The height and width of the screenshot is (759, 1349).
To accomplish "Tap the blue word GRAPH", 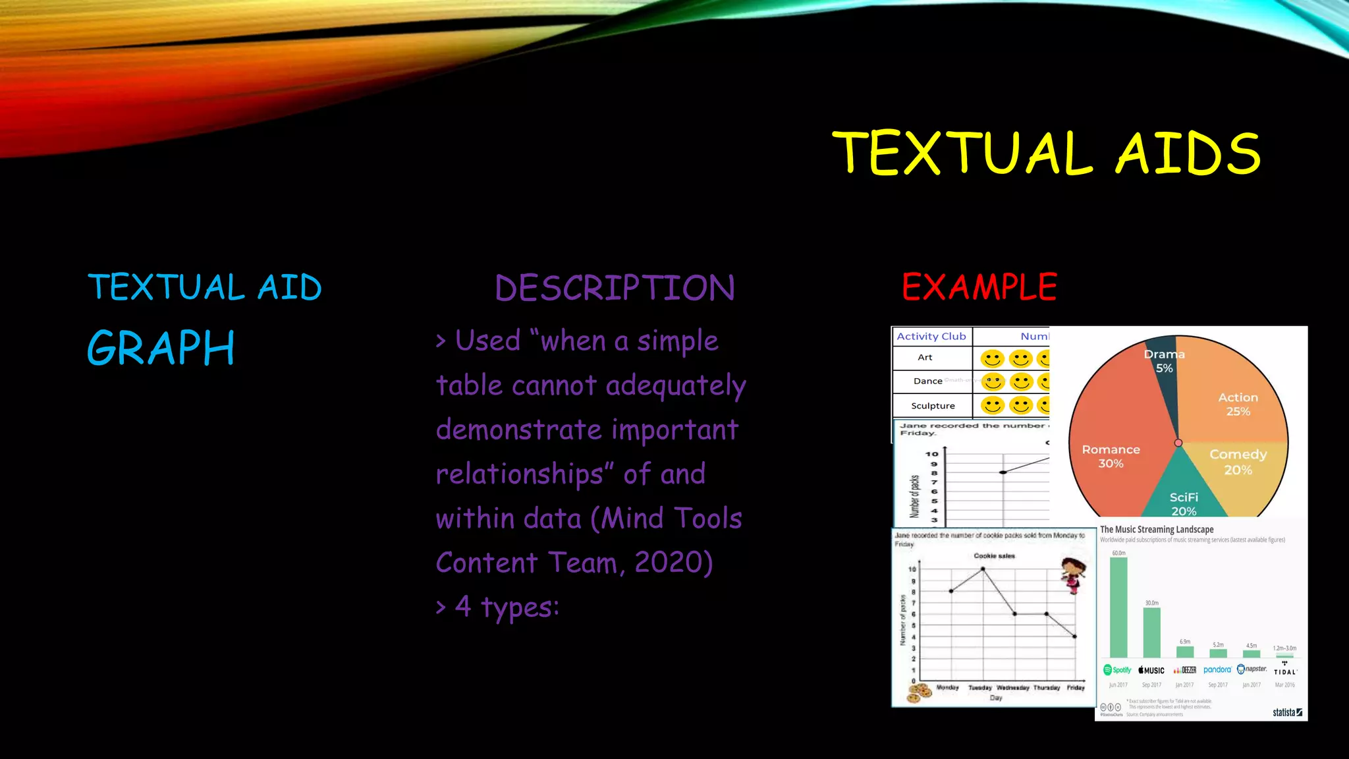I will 161,348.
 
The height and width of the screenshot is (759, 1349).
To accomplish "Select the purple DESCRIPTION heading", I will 615,288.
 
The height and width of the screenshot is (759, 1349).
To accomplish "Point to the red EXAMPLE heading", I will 979,287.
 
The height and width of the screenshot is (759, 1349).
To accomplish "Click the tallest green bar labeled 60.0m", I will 1118,607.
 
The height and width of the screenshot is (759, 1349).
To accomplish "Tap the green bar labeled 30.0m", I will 1151,632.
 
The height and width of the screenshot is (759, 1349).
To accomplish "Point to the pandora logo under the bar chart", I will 1217,669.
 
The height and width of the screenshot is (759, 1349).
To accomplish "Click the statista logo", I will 1287,712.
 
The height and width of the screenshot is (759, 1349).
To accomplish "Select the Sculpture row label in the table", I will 933,406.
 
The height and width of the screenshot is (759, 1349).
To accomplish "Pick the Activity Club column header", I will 931,336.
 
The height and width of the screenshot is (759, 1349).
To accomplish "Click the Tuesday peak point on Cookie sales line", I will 983,569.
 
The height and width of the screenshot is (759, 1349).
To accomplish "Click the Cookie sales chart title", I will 994,556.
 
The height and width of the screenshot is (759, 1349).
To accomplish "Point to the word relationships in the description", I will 520,474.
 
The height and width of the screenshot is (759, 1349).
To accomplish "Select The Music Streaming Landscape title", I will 1157,529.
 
